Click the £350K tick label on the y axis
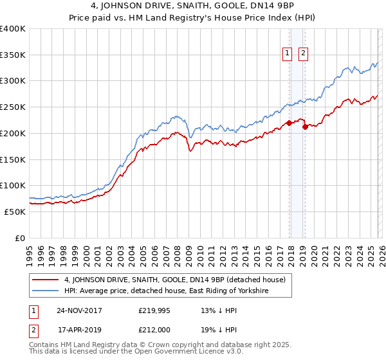click(x=13, y=55)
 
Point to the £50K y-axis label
click(x=15, y=212)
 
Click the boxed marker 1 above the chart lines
click(x=287, y=54)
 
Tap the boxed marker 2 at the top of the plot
click(x=303, y=54)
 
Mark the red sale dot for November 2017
click(x=289, y=123)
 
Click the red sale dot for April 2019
click(x=305, y=127)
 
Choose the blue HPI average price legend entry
click(x=165, y=291)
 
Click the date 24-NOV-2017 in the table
click(x=79, y=310)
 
